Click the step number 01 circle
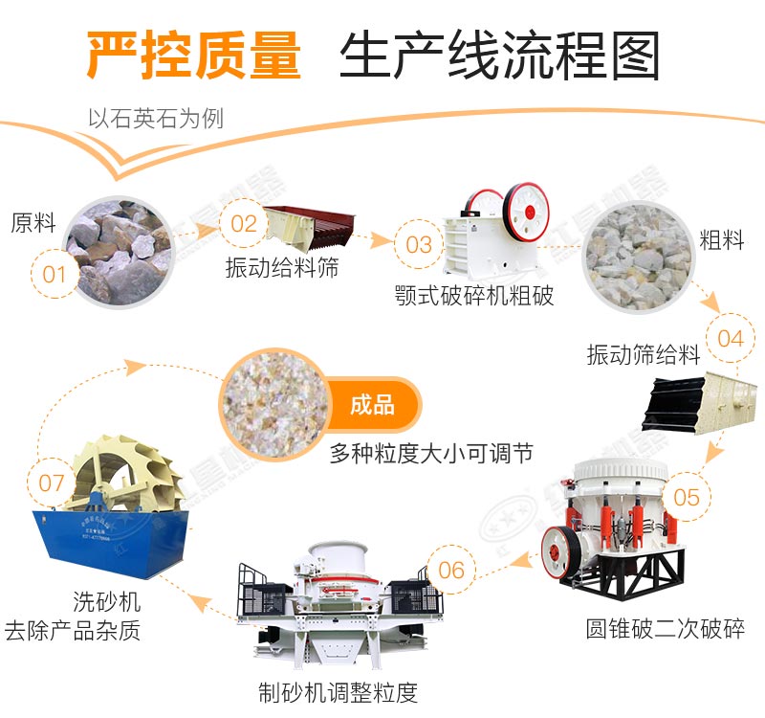tap(55, 275)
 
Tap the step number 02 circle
tap(245, 223)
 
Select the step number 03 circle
tap(419, 245)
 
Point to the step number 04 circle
tap(730, 338)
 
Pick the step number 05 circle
tap(687, 497)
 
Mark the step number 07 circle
tap(52, 483)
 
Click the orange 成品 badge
tap(372, 405)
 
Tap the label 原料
tap(33, 223)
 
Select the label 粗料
tap(721, 240)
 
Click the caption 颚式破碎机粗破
tap(473, 295)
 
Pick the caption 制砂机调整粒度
tap(339, 691)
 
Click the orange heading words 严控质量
tap(194, 56)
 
